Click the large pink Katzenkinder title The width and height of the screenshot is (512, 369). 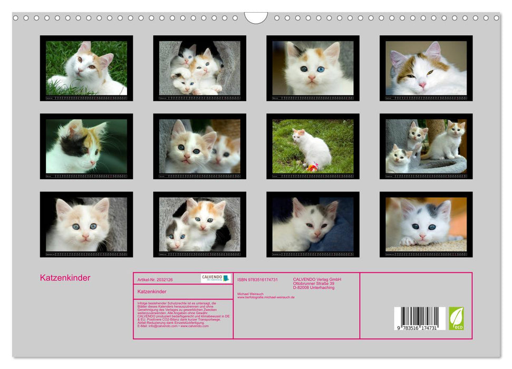point(65,278)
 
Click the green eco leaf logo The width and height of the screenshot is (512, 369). point(456,318)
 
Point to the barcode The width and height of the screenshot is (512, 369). point(420,318)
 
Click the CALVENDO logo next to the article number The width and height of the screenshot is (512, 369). point(216,278)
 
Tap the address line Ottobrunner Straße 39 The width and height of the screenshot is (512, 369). point(314,284)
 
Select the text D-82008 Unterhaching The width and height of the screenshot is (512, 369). point(314,288)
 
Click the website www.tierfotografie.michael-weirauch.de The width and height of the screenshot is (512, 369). point(266,297)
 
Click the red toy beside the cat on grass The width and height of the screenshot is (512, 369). point(312,168)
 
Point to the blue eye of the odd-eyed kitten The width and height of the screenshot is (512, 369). point(319,69)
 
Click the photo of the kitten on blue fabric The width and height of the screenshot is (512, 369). point(313,225)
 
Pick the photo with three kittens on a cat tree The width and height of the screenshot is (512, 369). point(426,147)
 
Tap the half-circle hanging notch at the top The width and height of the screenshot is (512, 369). point(256,18)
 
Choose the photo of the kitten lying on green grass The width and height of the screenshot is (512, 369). point(86,68)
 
